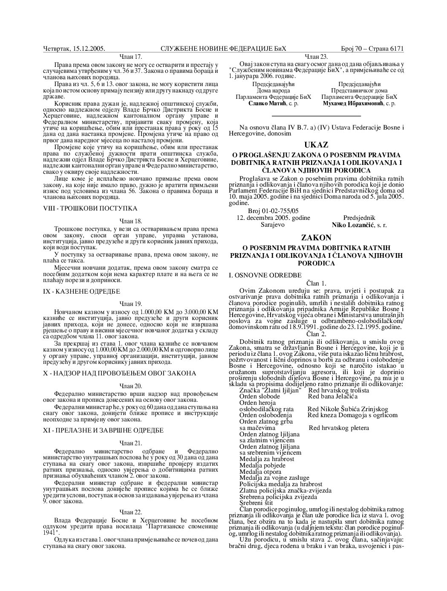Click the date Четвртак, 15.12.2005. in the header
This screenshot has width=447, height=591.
pos(75,49)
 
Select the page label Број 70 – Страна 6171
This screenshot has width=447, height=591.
pos(372,49)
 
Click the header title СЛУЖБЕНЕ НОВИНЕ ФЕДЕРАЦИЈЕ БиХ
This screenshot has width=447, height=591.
pos(223,49)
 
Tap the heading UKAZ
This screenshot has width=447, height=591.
pos(316,145)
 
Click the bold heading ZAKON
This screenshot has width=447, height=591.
pos(316,236)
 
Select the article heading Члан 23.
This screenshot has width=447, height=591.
pos(316,56)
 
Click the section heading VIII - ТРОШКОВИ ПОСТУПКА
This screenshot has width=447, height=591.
pos(90,208)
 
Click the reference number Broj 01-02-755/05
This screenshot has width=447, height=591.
pos(273,211)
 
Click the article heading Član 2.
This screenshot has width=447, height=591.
pos(316,334)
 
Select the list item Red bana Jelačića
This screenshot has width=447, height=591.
pos(333,396)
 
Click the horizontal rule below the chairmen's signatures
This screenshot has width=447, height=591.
pos(316,115)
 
